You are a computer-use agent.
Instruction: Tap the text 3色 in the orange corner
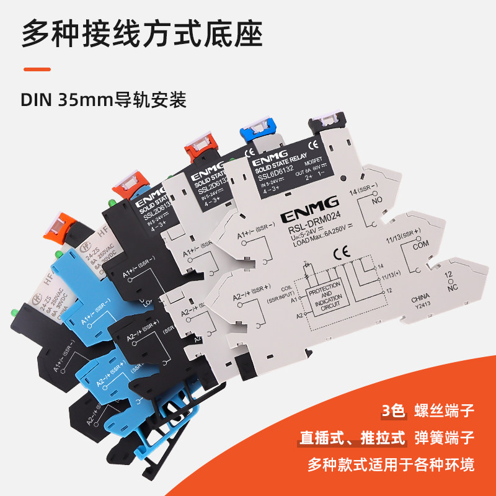click(x=393, y=410)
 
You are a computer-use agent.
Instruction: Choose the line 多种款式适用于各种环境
click(x=391, y=464)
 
